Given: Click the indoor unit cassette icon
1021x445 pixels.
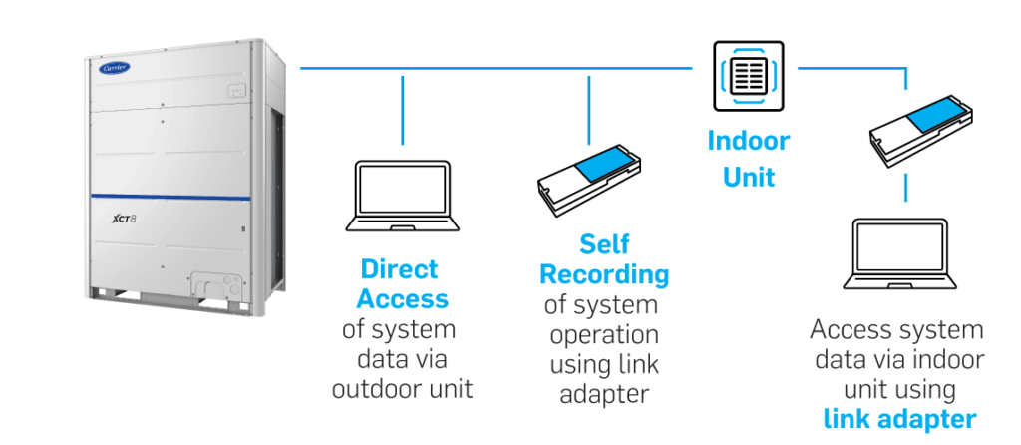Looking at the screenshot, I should (748, 75).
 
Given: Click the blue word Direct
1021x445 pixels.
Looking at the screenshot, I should (400, 270).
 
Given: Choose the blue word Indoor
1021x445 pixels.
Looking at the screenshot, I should (748, 142).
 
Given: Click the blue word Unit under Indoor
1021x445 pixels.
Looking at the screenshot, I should (748, 178).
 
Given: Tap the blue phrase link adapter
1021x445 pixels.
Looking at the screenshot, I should (899, 419).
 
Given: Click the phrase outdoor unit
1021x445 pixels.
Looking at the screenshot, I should (401, 388).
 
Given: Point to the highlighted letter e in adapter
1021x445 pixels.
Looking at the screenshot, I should (630, 396).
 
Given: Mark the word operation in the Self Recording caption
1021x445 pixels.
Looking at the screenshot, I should (602, 333).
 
